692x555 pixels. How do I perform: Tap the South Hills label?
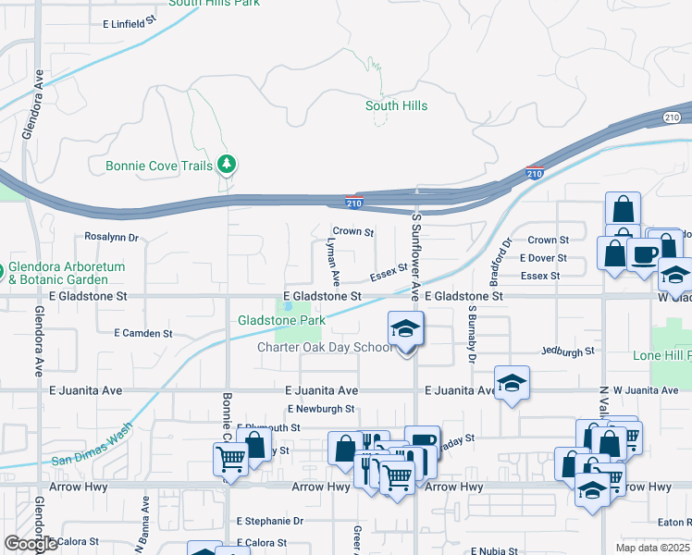(396, 105)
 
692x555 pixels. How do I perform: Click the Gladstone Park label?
(281, 320)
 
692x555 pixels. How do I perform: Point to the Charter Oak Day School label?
(324, 348)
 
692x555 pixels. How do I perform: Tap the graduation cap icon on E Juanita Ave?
(511, 384)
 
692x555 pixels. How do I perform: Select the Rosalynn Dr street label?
(111, 237)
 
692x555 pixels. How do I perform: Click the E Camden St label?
(143, 332)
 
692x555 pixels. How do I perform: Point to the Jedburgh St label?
(568, 351)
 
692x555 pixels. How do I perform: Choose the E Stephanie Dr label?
(269, 521)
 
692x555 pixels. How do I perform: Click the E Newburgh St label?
(320, 408)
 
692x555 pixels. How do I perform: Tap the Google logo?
(31, 544)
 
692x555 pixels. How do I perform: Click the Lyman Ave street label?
(333, 260)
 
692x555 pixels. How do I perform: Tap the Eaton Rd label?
(675, 522)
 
